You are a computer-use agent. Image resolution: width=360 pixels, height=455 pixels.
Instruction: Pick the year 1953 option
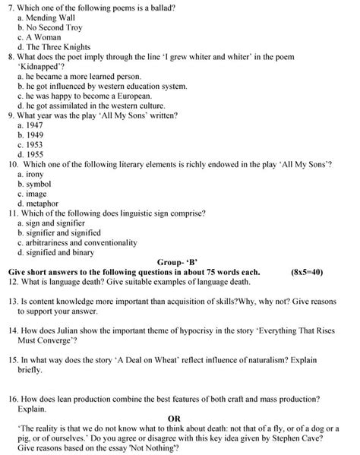click(34, 144)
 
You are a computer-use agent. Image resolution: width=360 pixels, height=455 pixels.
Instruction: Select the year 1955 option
click(34, 154)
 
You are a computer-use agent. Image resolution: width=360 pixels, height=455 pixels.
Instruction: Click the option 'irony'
click(35, 174)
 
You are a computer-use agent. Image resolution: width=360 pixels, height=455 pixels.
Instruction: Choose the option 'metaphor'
click(41, 204)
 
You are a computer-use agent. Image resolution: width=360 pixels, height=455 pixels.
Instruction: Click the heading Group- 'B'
click(178, 262)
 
